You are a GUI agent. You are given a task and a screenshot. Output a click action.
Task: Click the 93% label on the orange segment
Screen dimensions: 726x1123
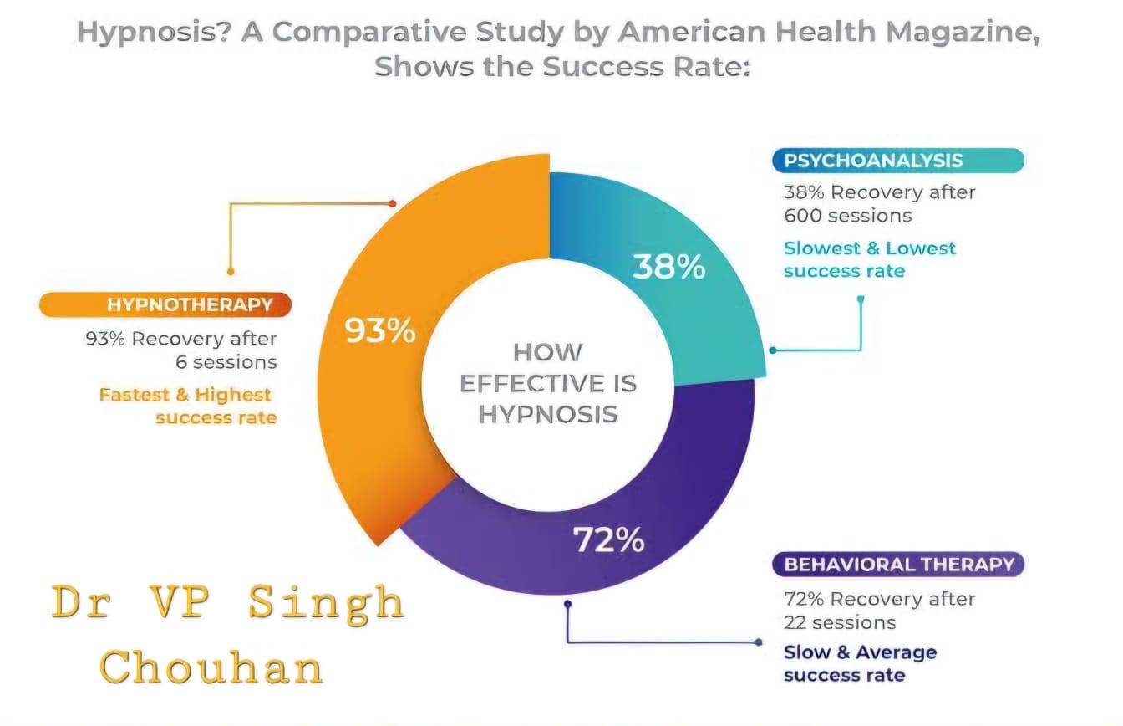[380, 331]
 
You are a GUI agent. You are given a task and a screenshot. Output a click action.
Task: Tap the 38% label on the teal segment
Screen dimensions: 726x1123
[668, 267]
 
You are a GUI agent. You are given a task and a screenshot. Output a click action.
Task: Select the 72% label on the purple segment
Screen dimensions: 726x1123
[608, 540]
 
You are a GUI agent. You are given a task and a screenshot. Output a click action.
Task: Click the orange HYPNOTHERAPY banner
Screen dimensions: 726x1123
[166, 304]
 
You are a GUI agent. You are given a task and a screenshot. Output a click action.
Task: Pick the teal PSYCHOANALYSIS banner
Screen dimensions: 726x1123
[897, 161]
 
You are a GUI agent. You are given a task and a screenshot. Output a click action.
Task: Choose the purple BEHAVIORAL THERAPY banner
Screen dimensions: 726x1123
[898, 565]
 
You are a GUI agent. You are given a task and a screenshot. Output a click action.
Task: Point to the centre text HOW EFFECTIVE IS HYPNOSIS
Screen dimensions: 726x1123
[548, 382]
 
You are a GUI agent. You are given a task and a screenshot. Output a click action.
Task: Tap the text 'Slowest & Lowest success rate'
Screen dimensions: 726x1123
[869, 258]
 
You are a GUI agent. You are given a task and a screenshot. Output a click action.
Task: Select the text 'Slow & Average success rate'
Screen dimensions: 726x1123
[848, 662]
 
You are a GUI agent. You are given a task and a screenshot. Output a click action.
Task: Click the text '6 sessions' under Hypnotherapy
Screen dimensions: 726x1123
[226, 362]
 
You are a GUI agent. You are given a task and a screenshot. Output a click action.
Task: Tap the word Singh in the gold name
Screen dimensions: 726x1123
[326, 602]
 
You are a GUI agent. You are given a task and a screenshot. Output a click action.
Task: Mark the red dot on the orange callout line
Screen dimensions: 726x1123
[392, 203]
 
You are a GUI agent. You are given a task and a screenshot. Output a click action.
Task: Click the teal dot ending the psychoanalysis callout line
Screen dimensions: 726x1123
[772, 350]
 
